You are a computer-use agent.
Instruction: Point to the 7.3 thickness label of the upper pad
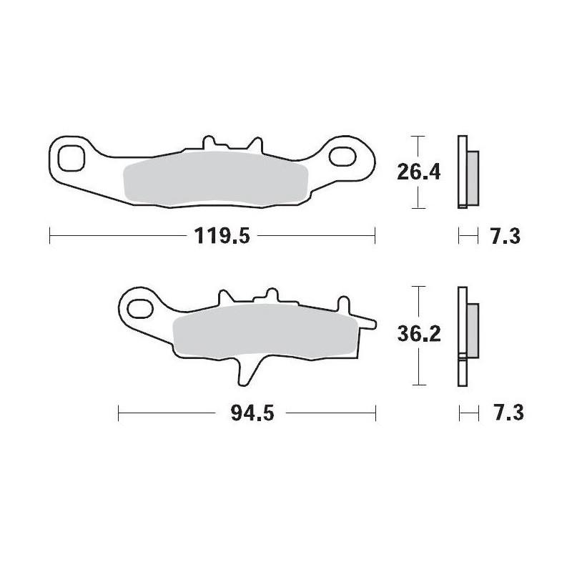tap(506, 235)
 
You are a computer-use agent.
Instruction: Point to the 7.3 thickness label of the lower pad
tap(506, 413)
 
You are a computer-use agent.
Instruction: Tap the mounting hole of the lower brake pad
tap(138, 309)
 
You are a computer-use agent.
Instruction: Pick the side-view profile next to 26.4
tap(467, 172)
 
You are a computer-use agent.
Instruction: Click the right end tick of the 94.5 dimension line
tap(376, 413)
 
